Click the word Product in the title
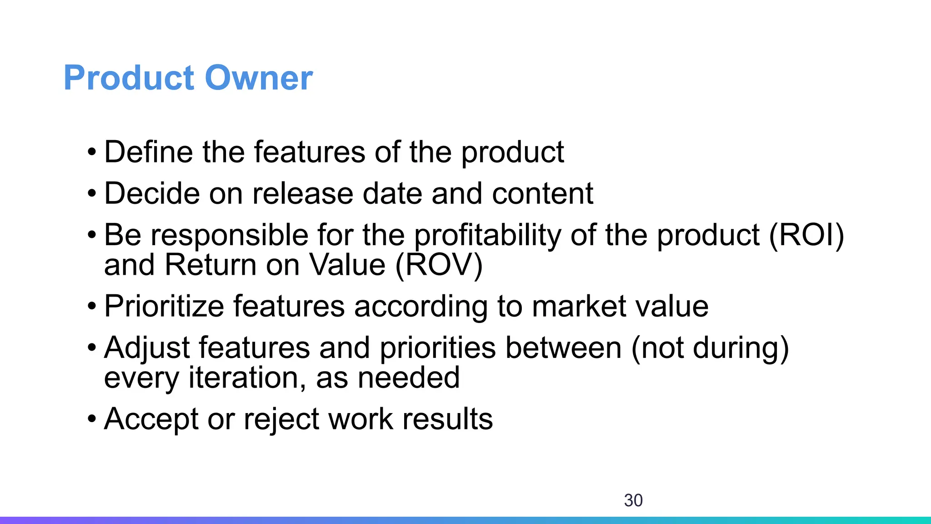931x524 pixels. tap(129, 78)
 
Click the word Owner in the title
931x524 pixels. tap(259, 78)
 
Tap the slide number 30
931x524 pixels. tap(633, 500)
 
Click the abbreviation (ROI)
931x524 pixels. tap(806, 236)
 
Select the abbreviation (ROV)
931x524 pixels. tap(439, 265)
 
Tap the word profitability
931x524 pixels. tap(488, 236)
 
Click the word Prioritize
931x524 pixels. tap(164, 306)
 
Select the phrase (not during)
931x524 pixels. tap(710, 348)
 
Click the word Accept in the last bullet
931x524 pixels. tap(151, 419)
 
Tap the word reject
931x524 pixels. tap(281, 419)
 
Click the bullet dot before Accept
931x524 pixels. tap(92, 419)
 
